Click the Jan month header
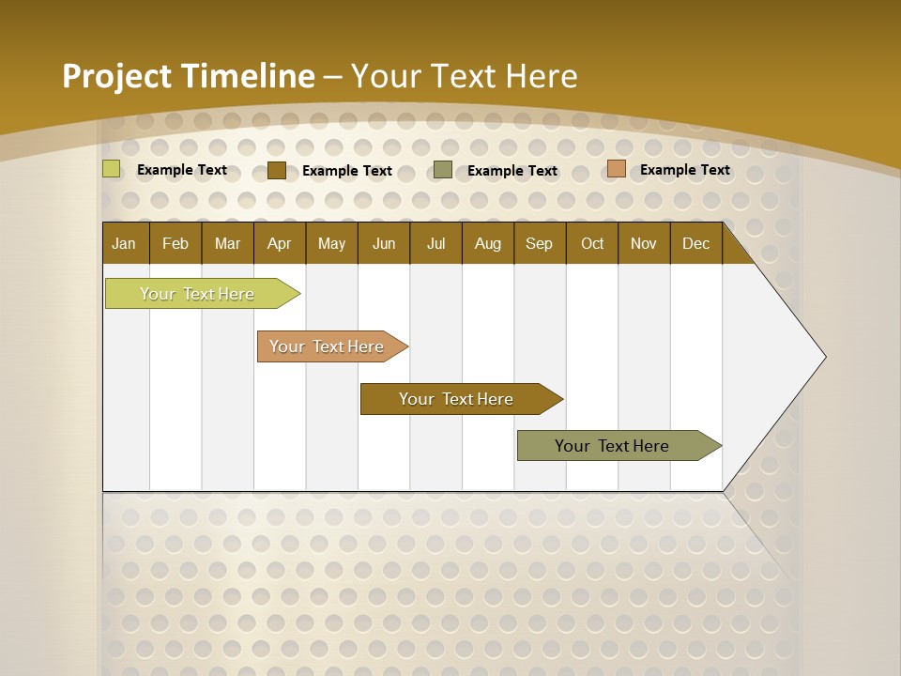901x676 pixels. click(124, 243)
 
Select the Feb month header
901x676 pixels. click(176, 243)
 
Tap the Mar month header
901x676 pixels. click(227, 243)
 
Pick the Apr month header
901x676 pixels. click(280, 243)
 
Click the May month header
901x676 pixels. click(331, 243)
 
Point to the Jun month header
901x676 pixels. click(384, 243)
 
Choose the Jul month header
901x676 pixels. click(435, 243)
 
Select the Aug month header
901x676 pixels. click(488, 243)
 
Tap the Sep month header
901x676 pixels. click(540, 243)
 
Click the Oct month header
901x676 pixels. click(592, 243)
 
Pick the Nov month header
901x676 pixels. click(644, 243)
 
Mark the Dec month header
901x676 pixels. click(696, 243)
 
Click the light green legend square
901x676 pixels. click(112, 169)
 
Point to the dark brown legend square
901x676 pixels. click(277, 170)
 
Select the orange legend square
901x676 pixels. click(617, 169)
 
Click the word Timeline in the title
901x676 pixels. click(249, 76)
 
